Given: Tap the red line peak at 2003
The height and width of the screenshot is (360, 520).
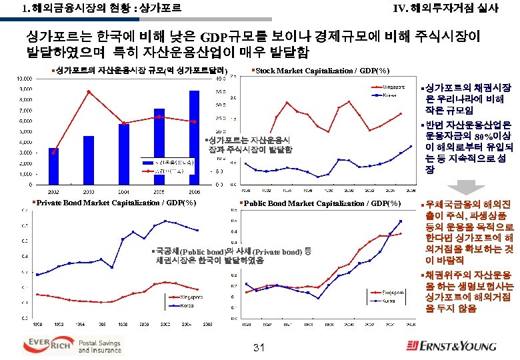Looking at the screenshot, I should pyautogui.click(x=89, y=91).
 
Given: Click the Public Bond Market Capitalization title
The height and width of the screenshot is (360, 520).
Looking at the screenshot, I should pyautogui.click(x=322, y=203).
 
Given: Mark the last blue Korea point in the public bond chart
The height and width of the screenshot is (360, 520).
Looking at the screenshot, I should pyautogui.click(x=401, y=221).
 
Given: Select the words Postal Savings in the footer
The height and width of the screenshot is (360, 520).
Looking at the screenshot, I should pyautogui.click(x=101, y=340).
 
